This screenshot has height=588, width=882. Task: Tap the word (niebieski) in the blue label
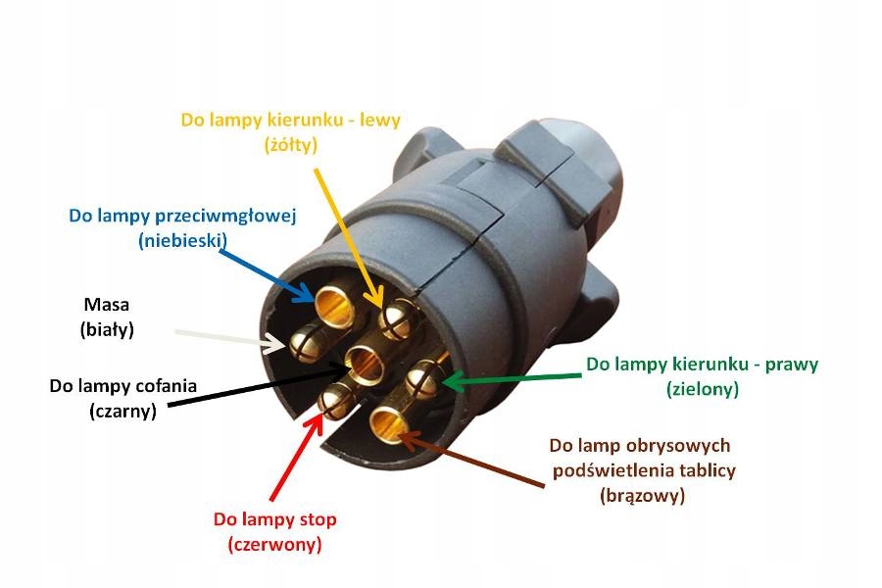click(183, 239)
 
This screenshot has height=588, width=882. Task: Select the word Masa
click(106, 305)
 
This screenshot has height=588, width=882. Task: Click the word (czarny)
click(122, 411)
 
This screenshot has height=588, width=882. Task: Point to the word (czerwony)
click(274, 543)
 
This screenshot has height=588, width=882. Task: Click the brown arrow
click(470, 462)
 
